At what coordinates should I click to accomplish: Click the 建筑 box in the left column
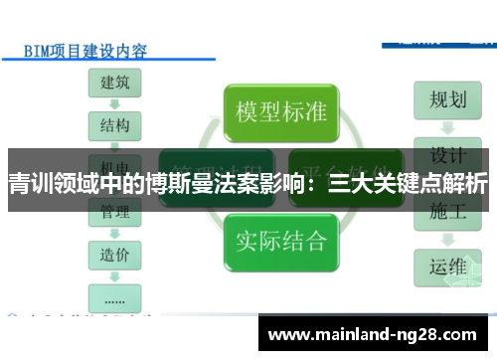(114, 83)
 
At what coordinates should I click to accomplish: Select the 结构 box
(114, 126)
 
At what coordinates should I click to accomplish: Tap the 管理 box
(114, 212)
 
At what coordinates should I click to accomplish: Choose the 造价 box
(114, 254)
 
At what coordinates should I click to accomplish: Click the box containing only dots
(114, 295)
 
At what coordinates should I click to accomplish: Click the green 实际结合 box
(280, 240)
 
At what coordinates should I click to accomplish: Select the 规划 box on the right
(447, 100)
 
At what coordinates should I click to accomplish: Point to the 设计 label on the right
(447, 155)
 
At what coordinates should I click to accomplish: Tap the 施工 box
(447, 211)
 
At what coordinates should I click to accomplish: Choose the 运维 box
(447, 267)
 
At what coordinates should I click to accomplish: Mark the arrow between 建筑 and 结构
(114, 104)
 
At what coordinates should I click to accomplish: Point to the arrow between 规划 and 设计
(447, 127)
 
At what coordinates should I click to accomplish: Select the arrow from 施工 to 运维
(447, 239)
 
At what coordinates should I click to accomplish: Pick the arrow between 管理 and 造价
(114, 233)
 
